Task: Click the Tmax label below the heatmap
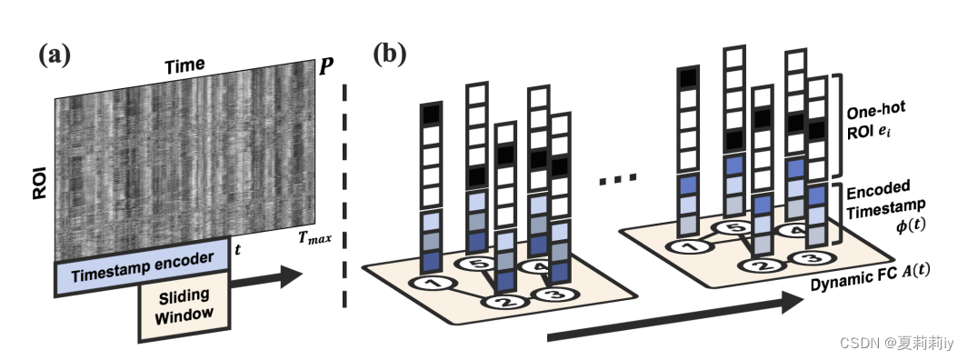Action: tap(313, 238)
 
